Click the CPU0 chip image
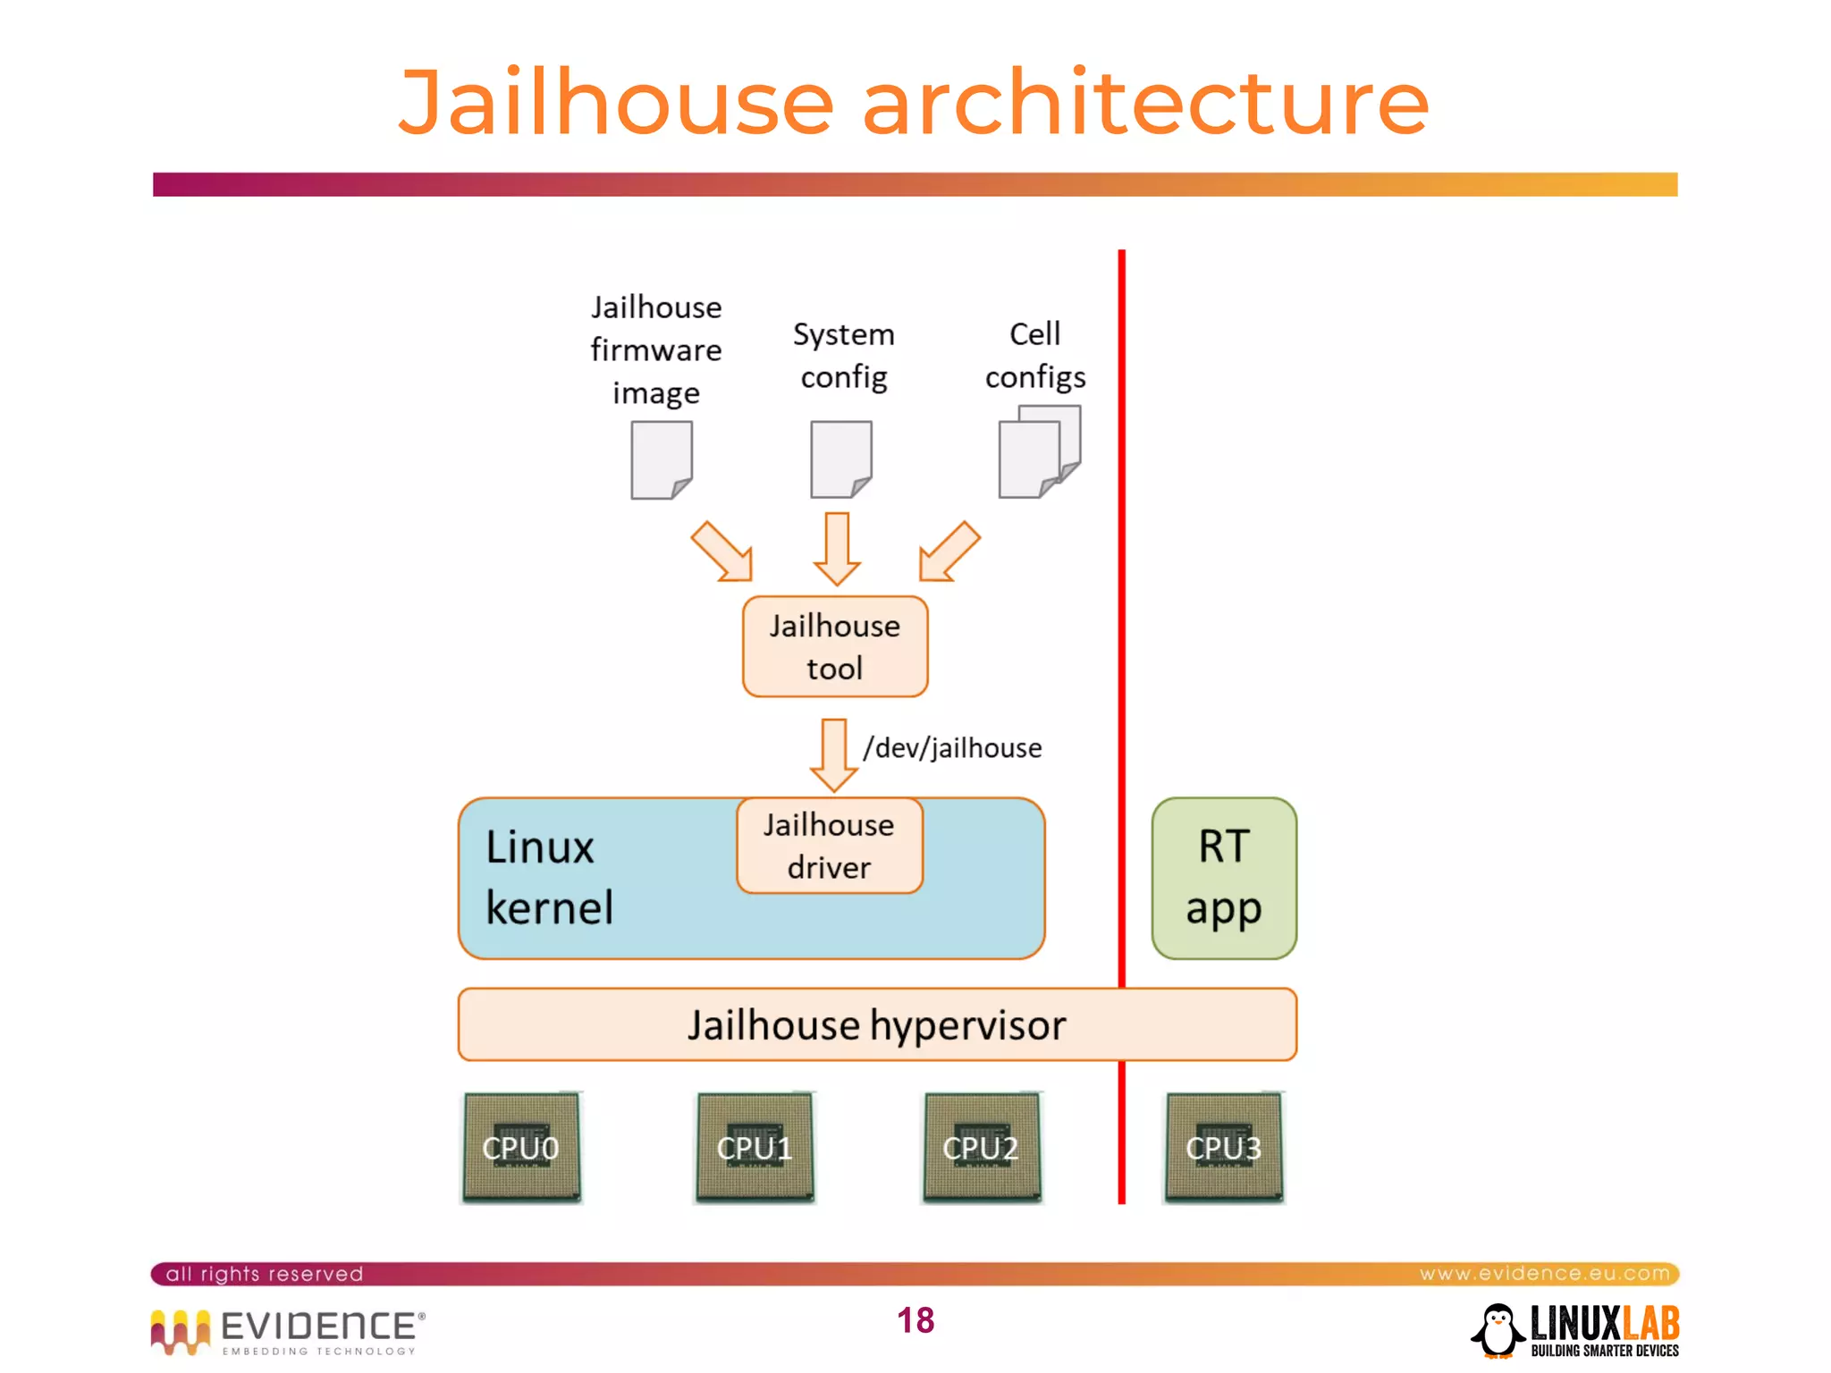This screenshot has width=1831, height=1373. [x=521, y=1147]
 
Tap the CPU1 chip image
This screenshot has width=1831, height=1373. [x=755, y=1147]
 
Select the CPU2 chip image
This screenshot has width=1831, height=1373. [x=982, y=1147]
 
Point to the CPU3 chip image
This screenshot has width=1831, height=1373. [x=1224, y=1147]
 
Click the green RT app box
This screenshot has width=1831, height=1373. [x=1224, y=878]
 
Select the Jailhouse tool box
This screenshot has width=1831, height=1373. [x=835, y=646]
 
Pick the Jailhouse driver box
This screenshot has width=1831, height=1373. [x=830, y=846]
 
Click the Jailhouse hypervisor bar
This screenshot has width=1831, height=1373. [x=877, y=1024]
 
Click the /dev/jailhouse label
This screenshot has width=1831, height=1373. [x=952, y=747]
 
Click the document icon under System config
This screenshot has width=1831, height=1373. [x=840, y=459]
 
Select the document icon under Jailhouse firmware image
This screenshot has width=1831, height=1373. [x=662, y=459]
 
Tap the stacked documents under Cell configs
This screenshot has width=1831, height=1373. [x=1039, y=451]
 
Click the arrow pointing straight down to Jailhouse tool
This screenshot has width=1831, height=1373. [x=837, y=547]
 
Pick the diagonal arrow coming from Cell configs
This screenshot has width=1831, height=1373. [x=949, y=552]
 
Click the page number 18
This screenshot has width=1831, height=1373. [x=915, y=1320]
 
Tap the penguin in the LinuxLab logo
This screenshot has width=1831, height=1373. [x=1498, y=1330]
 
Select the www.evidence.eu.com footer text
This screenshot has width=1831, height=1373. [x=1544, y=1273]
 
